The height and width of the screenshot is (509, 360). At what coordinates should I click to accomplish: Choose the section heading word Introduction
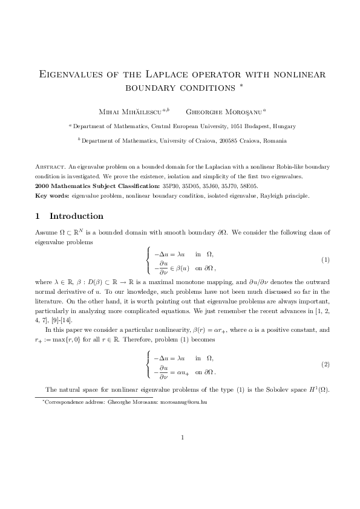pos(76,216)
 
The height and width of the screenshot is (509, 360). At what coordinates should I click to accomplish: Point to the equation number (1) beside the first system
pos(325,259)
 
